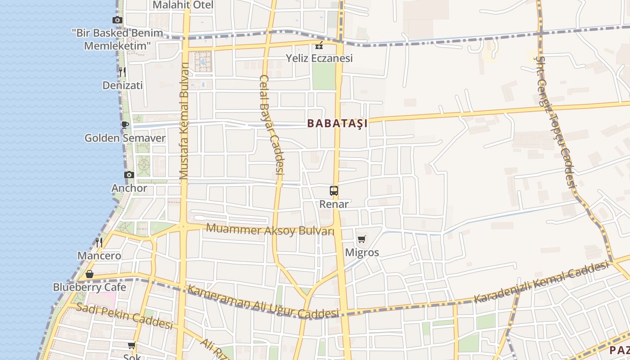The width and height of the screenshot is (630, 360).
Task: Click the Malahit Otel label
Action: (183, 5)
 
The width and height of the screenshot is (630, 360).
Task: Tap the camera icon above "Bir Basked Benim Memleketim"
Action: (117, 20)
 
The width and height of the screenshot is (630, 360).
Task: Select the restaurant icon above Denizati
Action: (122, 72)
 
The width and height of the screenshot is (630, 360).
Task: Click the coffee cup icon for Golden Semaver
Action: (125, 125)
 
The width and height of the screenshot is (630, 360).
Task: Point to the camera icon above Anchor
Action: (129, 175)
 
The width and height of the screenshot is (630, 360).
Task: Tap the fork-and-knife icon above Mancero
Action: (99, 243)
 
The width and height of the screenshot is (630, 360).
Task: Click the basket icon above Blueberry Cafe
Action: (90, 274)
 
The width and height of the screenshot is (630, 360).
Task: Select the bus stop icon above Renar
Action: (333, 191)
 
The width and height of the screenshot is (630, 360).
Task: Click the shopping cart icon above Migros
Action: (362, 239)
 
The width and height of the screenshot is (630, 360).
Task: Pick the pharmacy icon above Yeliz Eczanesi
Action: (319, 45)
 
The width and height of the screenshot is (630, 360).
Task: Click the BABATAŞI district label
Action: (337, 123)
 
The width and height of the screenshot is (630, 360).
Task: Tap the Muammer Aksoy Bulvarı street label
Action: (270, 230)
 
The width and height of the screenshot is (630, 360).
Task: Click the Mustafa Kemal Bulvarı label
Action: (184, 121)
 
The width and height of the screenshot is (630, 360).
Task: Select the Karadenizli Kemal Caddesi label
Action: (541, 282)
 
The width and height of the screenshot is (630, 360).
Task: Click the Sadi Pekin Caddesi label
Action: (124, 315)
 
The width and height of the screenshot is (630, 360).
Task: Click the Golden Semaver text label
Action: (125, 138)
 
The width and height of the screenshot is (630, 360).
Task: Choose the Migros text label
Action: (362, 252)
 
